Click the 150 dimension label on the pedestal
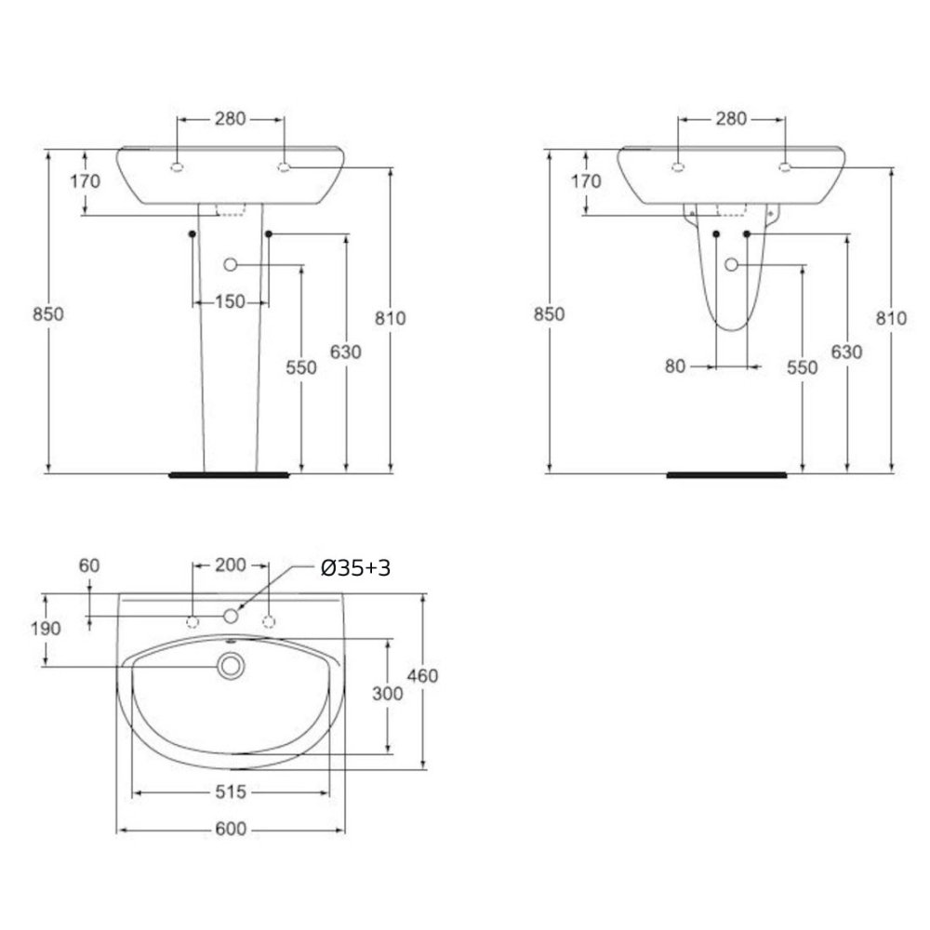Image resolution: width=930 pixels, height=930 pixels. pyautogui.click(x=230, y=302)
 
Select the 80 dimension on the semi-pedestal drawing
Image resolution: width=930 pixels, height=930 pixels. pyautogui.click(x=675, y=366)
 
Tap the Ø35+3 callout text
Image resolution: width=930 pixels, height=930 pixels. pyautogui.click(x=356, y=568)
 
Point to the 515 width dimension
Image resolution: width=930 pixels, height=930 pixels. pyautogui.click(x=230, y=791)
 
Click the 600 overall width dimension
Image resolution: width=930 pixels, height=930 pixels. pyautogui.click(x=230, y=829)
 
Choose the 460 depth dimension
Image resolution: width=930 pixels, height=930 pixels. pyautogui.click(x=422, y=675)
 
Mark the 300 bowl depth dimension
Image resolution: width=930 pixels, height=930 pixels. pyautogui.click(x=387, y=694)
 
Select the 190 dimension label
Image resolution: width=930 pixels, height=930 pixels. pyautogui.click(x=46, y=628)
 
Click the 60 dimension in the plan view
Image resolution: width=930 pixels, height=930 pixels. pyautogui.click(x=89, y=565)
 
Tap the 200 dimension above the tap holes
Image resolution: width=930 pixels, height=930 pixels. pyautogui.click(x=230, y=565)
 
